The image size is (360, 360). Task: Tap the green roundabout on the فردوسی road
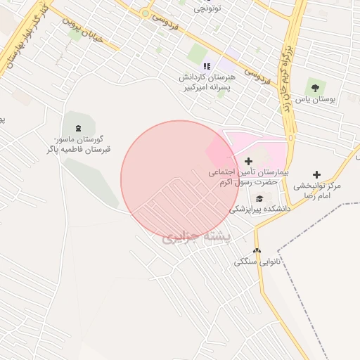click(x=145, y=13)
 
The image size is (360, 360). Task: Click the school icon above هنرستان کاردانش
click(x=207, y=66)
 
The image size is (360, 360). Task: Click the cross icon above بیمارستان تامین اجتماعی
click(x=248, y=162)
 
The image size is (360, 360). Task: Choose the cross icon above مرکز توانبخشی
click(x=316, y=174)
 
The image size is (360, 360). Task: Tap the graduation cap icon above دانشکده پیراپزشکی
click(x=259, y=198)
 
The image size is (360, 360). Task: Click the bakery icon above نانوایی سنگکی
click(x=257, y=250)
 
